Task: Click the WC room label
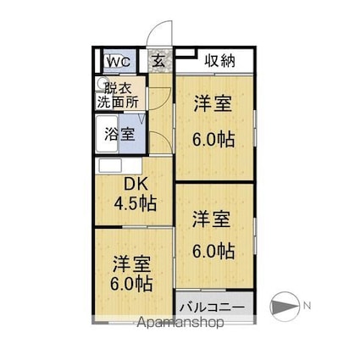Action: coord(117,62)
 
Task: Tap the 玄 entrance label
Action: coord(159,61)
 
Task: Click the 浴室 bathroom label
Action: coord(119,134)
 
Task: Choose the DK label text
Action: coord(136,185)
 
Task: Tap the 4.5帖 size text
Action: coord(136,203)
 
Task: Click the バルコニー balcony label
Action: coord(214,305)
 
